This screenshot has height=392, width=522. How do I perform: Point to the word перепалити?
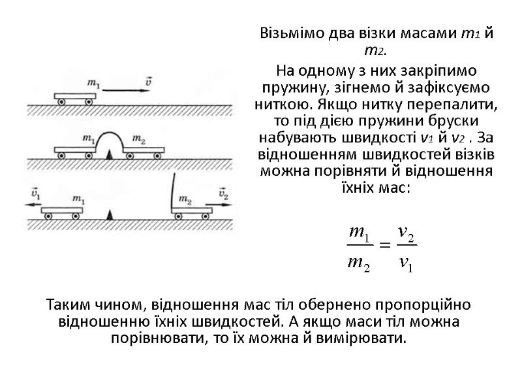point(458,105)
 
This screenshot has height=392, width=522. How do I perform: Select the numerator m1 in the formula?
point(360,232)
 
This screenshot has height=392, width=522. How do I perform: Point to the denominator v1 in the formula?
point(406,263)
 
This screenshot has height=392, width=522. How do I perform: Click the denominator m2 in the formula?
point(360,263)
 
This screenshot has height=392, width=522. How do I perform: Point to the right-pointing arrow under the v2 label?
point(222,203)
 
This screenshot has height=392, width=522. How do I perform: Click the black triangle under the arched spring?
point(110,154)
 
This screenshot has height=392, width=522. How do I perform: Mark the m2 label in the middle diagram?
point(138,139)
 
